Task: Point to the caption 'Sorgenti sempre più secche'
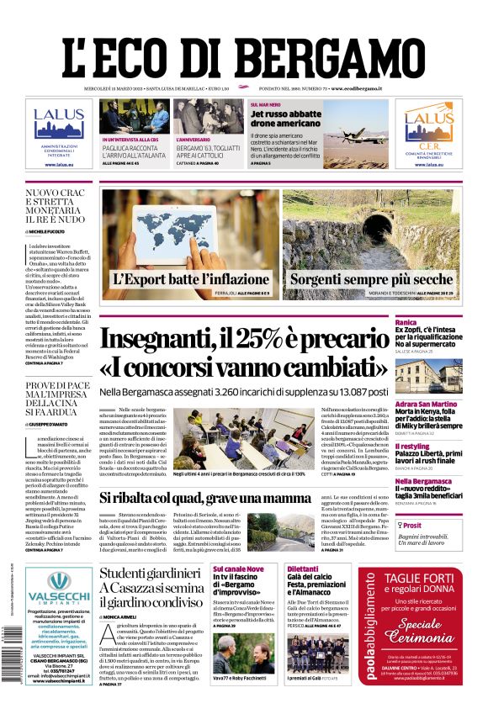(371, 279)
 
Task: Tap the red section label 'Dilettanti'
(302, 569)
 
